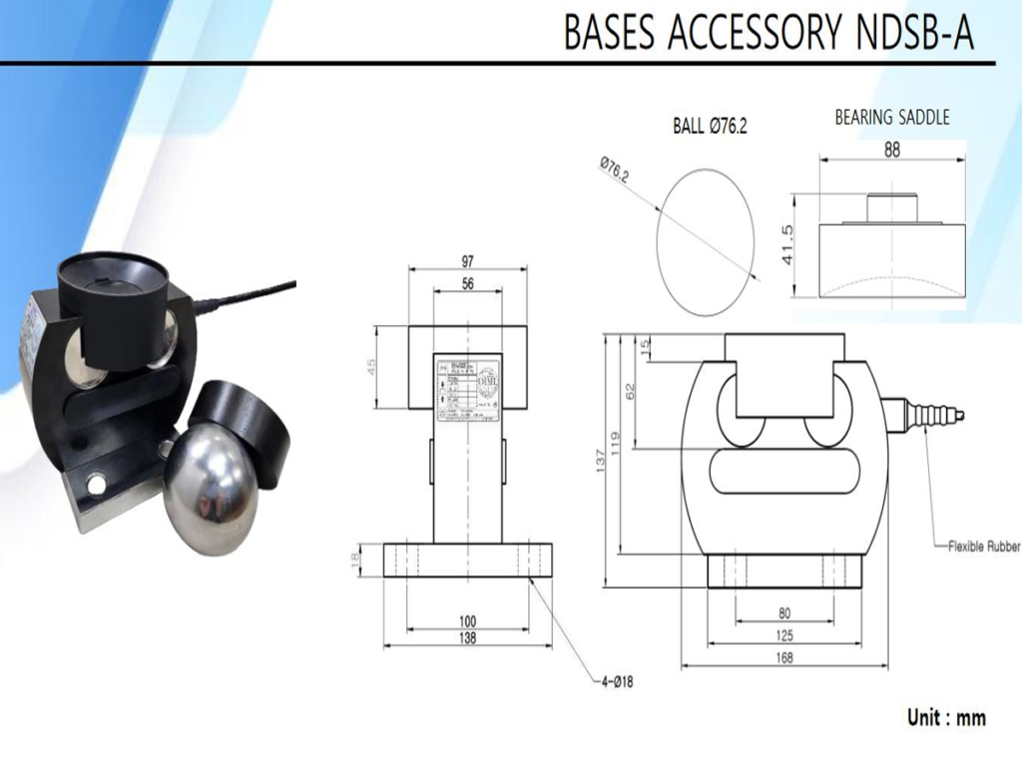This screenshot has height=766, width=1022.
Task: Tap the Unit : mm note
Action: [945, 717]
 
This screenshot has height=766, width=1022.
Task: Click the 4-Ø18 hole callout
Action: [617, 682]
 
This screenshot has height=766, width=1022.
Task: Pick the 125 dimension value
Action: [783, 635]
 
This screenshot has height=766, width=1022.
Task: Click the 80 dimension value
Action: [783, 613]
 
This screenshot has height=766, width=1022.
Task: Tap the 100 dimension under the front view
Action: [467, 620]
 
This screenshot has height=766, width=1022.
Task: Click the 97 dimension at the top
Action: [467, 261]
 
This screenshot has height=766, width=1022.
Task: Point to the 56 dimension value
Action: [467, 283]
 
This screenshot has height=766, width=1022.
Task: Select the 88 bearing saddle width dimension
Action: [892, 150]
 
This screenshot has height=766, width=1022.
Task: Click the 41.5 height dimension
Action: [788, 244]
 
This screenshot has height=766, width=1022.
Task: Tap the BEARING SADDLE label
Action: [892, 118]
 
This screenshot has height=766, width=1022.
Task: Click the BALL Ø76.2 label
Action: [710, 127]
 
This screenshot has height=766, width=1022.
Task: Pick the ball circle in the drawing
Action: [704, 239]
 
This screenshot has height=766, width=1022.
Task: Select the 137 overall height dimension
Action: [600, 464]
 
